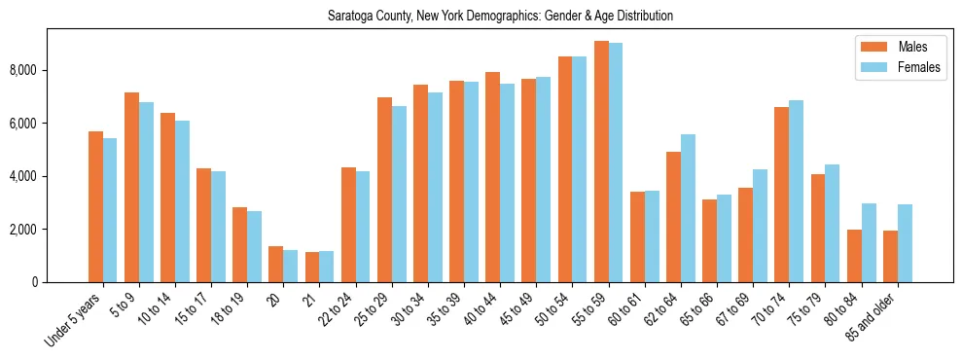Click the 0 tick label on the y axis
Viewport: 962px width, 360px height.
pyautogui.click(x=34, y=282)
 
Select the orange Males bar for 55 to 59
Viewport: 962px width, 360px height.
pyautogui.click(x=601, y=162)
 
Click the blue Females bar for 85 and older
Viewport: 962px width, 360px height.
pyautogui.click(x=905, y=243)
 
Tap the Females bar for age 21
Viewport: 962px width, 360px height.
pyautogui.click(x=327, y=267)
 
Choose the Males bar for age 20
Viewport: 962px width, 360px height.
pyautogui.click(x=275, y=264)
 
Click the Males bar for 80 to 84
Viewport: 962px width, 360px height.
pyautogui.click(x=854, y=256)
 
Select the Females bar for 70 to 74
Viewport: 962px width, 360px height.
pyautogui.click(x=796, y=191)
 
